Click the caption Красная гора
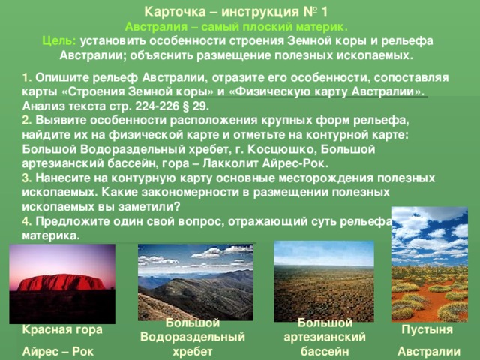tap(63, 329)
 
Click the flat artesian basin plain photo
tap(324, 282)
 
